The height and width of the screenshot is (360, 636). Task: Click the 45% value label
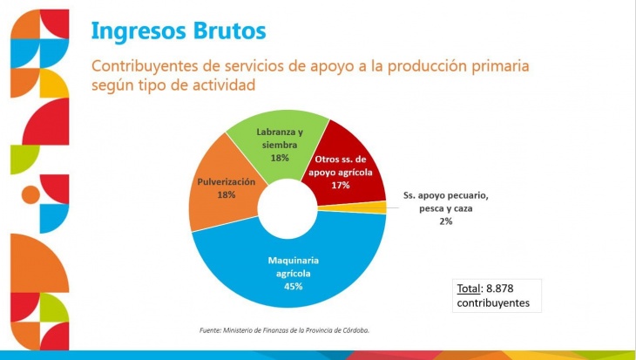coord(294,287)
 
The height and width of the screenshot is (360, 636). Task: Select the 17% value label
coord(341,186)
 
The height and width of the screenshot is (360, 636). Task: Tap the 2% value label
coord(446,221)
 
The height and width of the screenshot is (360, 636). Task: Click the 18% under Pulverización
coord(227,194)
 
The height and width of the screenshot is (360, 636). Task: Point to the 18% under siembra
coord(280,158)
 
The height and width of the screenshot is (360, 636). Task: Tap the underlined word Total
coord(469,289)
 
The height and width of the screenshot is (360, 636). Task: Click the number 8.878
coord(500,289)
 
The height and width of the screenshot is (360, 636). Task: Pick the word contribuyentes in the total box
coord(493,303)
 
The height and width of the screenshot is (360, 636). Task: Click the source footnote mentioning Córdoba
coord(284,330)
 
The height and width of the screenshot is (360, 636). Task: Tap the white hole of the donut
coord(288,208)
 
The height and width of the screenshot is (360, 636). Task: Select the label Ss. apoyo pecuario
coord(446,195)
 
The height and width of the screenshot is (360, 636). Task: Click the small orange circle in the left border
coord(30,194)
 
